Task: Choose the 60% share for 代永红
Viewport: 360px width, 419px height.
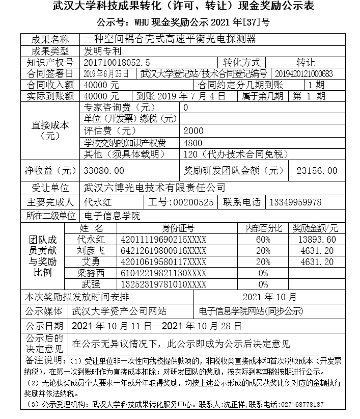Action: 263,240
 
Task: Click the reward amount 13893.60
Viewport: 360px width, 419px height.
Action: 318,240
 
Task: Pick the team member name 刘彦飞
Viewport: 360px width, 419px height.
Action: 91,251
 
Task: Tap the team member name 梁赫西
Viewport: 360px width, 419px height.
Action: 91,273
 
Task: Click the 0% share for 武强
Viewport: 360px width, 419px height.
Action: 263,284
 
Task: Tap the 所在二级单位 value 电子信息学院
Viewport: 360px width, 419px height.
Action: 112,216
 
